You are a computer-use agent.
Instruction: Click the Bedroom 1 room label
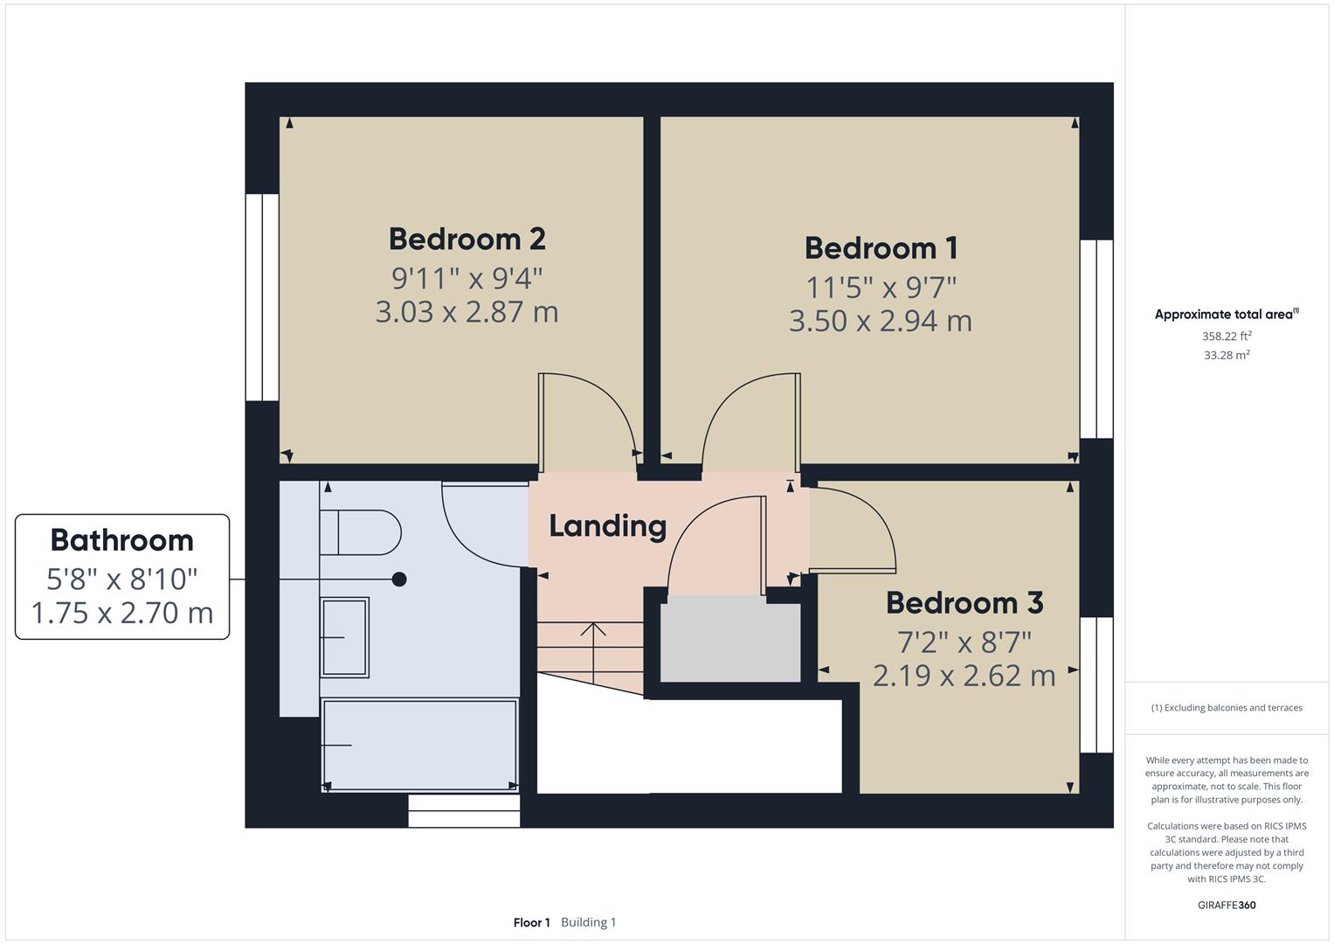[881, 248]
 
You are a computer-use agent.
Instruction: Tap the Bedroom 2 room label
[467, 239]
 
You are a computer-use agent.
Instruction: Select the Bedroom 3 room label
[964, 602]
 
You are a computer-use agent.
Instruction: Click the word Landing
[607, 526]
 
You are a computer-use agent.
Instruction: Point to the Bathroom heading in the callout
[122, 540]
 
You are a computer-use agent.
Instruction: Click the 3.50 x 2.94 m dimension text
[881, 321]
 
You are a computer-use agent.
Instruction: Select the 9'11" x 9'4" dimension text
[467, 278]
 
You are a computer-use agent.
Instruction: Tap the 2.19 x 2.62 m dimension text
[964, 675]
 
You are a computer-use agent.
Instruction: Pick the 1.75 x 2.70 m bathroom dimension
[122, 613]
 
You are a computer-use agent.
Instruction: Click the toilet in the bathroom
[360, 532]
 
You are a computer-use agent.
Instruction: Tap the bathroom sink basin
[344, 637]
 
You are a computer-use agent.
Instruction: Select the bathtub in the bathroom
[419, 746]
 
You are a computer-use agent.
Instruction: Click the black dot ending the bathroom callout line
[399, 579]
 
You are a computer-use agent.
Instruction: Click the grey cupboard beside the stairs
[730, 639]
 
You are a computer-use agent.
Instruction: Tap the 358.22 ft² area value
[1227, 337]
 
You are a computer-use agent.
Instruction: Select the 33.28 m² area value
[1227, 355]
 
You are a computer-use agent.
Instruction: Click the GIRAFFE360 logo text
[1227, 905]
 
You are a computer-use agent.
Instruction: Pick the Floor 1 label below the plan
[531, 922]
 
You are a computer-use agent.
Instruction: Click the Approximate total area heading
[1227, 314]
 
